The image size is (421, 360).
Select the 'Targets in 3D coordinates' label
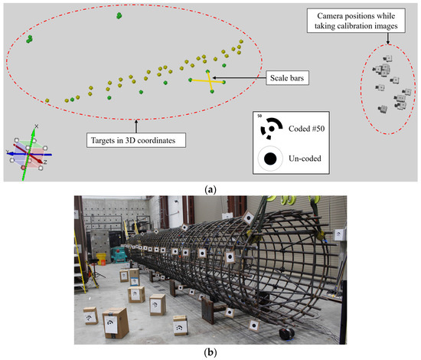(x=135, y=140)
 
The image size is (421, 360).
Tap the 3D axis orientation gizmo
(x=28, y=150)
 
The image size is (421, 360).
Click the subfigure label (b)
(x=210, y=354)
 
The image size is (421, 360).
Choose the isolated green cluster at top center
(x=119, y=15)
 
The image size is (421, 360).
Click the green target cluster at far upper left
(x=29, y=38)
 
